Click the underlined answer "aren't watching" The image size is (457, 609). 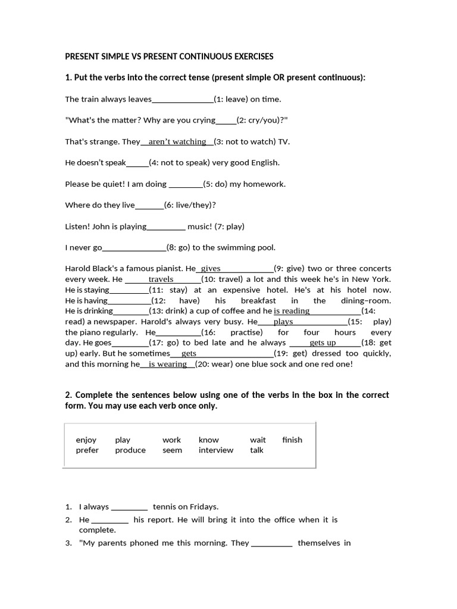tap(177, 142)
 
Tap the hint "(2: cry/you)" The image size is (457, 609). tap(261, 120)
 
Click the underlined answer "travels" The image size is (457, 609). tap(161, 279)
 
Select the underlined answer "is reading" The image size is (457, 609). tap(292, 311)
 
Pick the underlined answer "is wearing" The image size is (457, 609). tap(168, 364)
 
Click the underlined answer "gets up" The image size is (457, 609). tap(323, 343)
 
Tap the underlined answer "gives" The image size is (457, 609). tap(211, 269)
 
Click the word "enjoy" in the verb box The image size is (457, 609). tap(86, 440)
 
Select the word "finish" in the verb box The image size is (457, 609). tap(292, 440)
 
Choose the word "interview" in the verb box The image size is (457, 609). tap(216, 450)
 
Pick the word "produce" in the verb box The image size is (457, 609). tap(130, 450)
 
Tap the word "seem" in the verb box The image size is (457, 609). tap(172, 450)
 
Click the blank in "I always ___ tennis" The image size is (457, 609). tap(130, 507)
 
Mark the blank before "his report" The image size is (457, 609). tap(110, 520)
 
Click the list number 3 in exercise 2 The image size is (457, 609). tap(68, 543)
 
